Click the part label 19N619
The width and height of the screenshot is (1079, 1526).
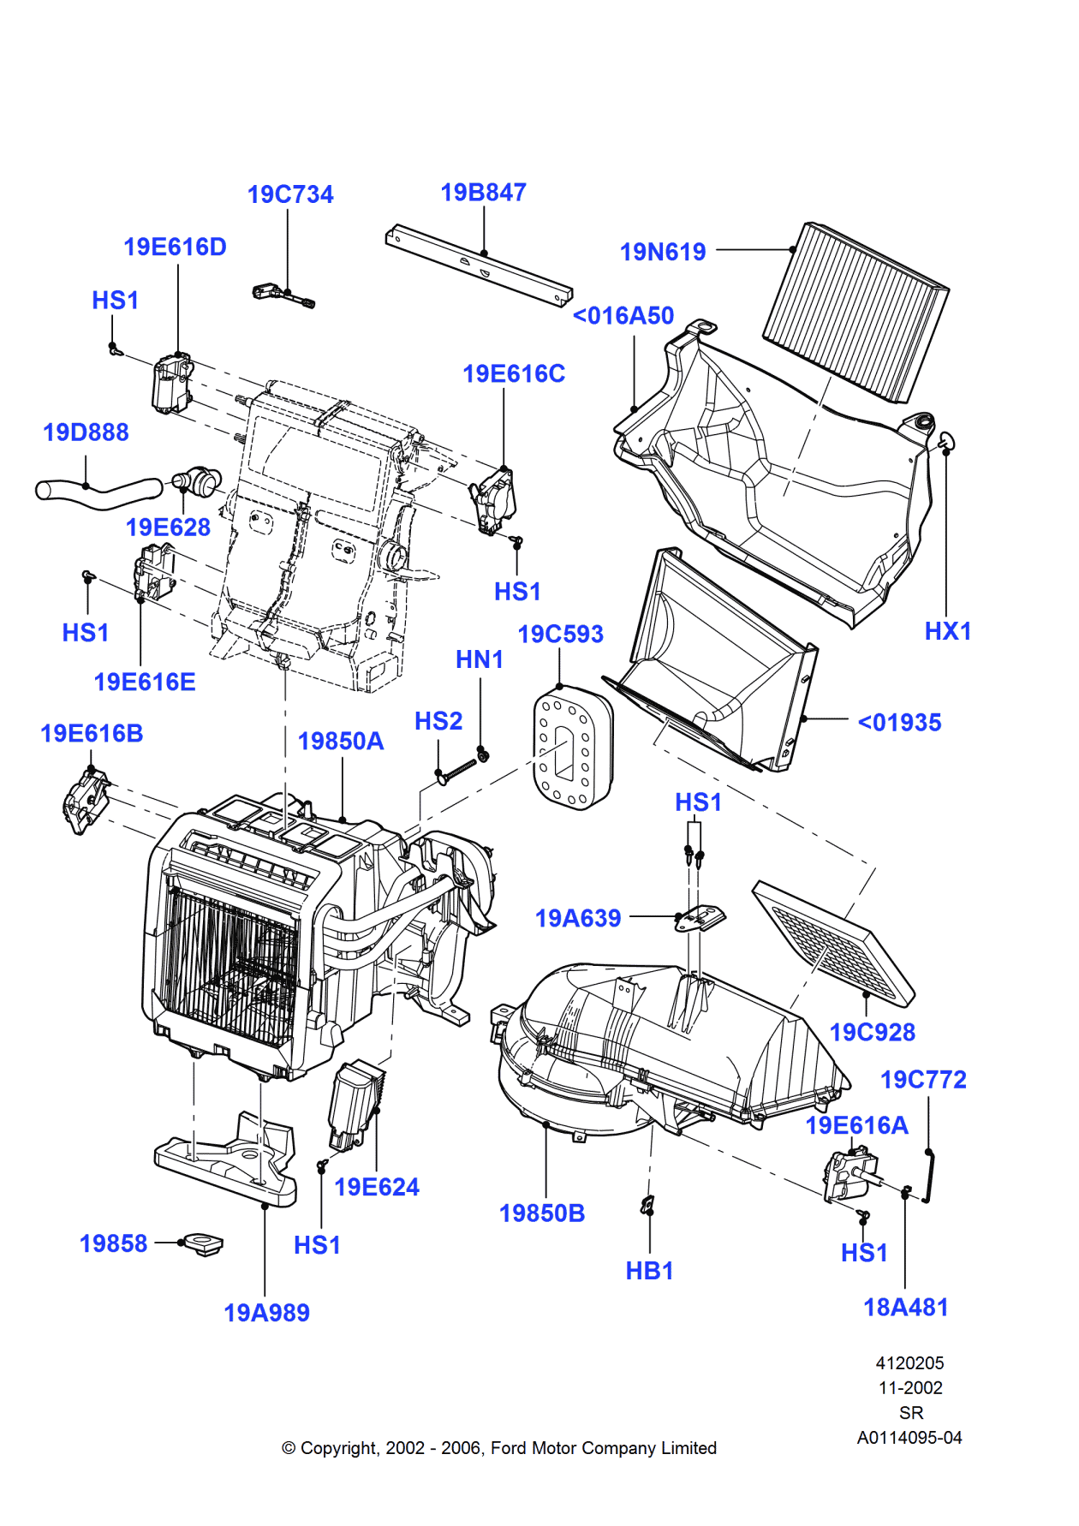662,252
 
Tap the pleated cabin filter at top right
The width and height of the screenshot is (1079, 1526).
855,312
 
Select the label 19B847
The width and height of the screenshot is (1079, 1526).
483,193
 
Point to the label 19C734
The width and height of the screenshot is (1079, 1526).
290,194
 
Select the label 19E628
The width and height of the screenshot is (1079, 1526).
168,528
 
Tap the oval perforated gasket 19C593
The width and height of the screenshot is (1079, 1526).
572,748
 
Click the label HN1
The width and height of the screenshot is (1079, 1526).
479,659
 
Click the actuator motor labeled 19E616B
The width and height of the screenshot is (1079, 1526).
86,800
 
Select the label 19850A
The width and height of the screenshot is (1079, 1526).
340,741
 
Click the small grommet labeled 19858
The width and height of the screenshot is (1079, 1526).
203,1243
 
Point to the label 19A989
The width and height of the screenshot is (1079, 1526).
266,1313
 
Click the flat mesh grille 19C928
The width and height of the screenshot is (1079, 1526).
834,942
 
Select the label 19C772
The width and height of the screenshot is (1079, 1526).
923,1080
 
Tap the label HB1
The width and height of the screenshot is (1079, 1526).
649,1271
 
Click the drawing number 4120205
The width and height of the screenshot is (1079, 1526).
909,1362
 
